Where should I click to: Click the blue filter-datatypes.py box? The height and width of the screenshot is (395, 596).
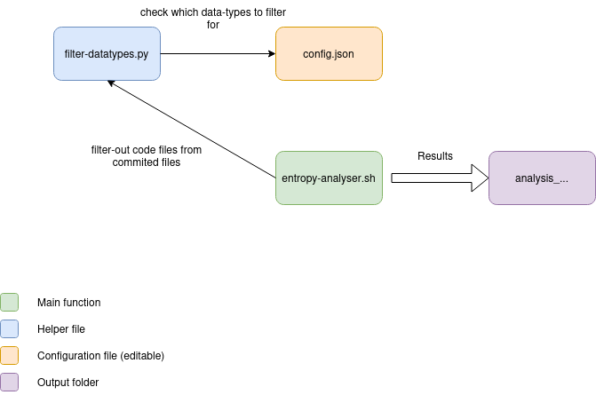(x=107, y=53)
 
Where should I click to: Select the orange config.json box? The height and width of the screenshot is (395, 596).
(x=329, y=53)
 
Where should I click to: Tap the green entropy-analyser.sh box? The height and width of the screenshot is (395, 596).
(x=329, y=178)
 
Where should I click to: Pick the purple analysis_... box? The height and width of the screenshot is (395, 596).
(x=542, y=178)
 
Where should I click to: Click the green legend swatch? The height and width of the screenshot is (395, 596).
(x=9, y=302)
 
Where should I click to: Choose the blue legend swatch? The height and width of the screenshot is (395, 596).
(x=9, y=328)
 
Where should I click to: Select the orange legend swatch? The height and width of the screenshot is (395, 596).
(x=9, y=355)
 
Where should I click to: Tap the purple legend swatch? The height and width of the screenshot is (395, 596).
(x=9, y=382)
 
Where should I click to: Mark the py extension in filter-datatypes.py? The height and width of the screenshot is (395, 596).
(x=143, y=55)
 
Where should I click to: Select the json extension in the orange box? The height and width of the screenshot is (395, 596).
(x=344, y=54)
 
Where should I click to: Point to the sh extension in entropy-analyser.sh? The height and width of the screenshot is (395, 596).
(x=370, y=178)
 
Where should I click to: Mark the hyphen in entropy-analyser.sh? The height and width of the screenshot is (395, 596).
(x=320, y=178)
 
